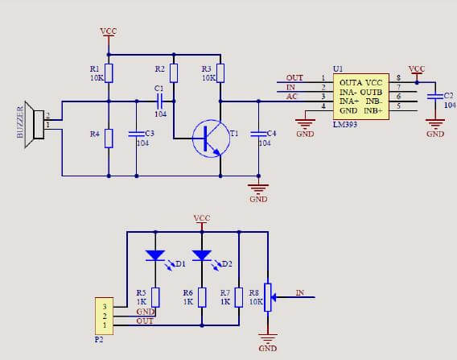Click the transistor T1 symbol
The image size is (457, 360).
click(211, 139)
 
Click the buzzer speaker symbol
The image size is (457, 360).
click(35, 125)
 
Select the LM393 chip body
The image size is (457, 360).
click(361, 97)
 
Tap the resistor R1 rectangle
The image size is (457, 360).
click(109, 73)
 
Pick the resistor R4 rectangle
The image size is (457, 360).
click(109, 139)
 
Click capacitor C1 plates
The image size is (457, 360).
click(160, 101)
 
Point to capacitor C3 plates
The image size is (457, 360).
click(137, 134)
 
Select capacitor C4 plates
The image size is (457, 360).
click(258, 134)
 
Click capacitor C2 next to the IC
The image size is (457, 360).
click(435, 97)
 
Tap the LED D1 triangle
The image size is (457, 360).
click(155, 255)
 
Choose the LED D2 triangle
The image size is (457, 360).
click(202, 255)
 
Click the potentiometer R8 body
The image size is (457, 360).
click(268, 297)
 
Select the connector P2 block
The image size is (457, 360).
click(104, 317)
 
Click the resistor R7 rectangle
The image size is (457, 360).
click(239, 297)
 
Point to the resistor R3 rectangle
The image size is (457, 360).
click(220, 73)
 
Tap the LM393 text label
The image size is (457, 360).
click(345, 125)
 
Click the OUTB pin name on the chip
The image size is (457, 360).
click(371, 92)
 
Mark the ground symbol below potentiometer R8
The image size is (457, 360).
click(268, 337)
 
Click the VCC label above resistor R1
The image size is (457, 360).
click(109, 31)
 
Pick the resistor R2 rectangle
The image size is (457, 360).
click(174, 73)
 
